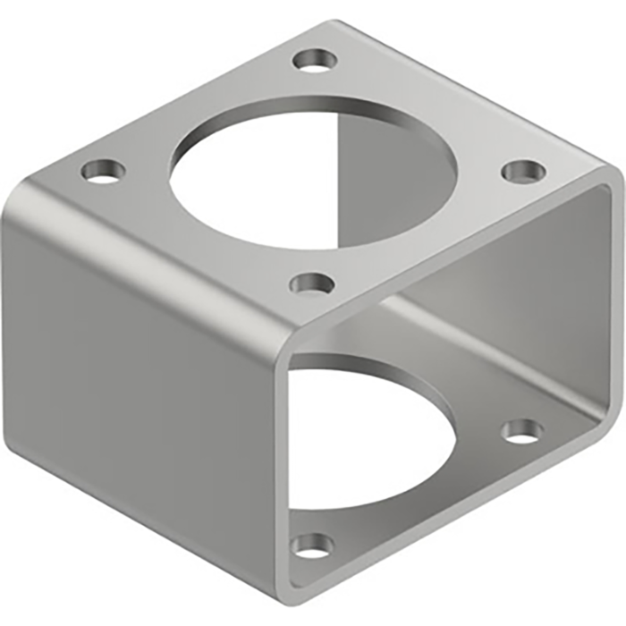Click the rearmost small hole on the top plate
(x=315, y=61)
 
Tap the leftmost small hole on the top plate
(x=105, y=170)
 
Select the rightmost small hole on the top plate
(x=523, y=171)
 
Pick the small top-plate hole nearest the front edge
(x=312, y=285)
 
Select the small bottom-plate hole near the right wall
(x=522, y=432)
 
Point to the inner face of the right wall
(x=546, y=295)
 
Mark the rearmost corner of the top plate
(x=333, y=22)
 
